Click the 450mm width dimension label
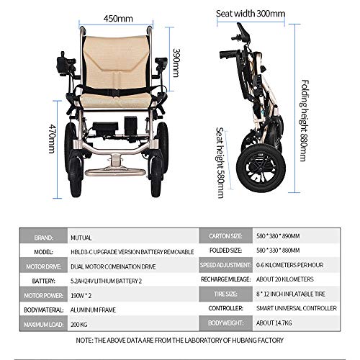pyautogui.click(x=118, y=19)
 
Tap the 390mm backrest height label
pyautogui.click(x=176, y=63)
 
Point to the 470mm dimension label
pyautogui.click(x=53, y=139)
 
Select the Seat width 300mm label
pyautogui.click(x=251, y=14)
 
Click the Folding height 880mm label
pyautogui.click(x=305, y=120)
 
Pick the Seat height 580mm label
pyautogui.click(x=220, y=163)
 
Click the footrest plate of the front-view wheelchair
pyautogui.click(x=115, y=172)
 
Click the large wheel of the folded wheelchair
pyautogui.click(x=261, y=168)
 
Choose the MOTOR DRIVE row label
pyautogui.click(x=44, y=266)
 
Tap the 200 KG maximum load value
pyautogui.click(x=79, y=325)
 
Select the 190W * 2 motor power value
pyautogui.click(x=81, y=296)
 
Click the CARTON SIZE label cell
pyautogui.click(x=225, y=236)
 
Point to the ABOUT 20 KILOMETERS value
pyautogui.click(x=285, y=279)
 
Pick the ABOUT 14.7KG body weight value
pyautogui.click(x=274, y=323)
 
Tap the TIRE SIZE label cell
pyautogui.click(x=225, y=294)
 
